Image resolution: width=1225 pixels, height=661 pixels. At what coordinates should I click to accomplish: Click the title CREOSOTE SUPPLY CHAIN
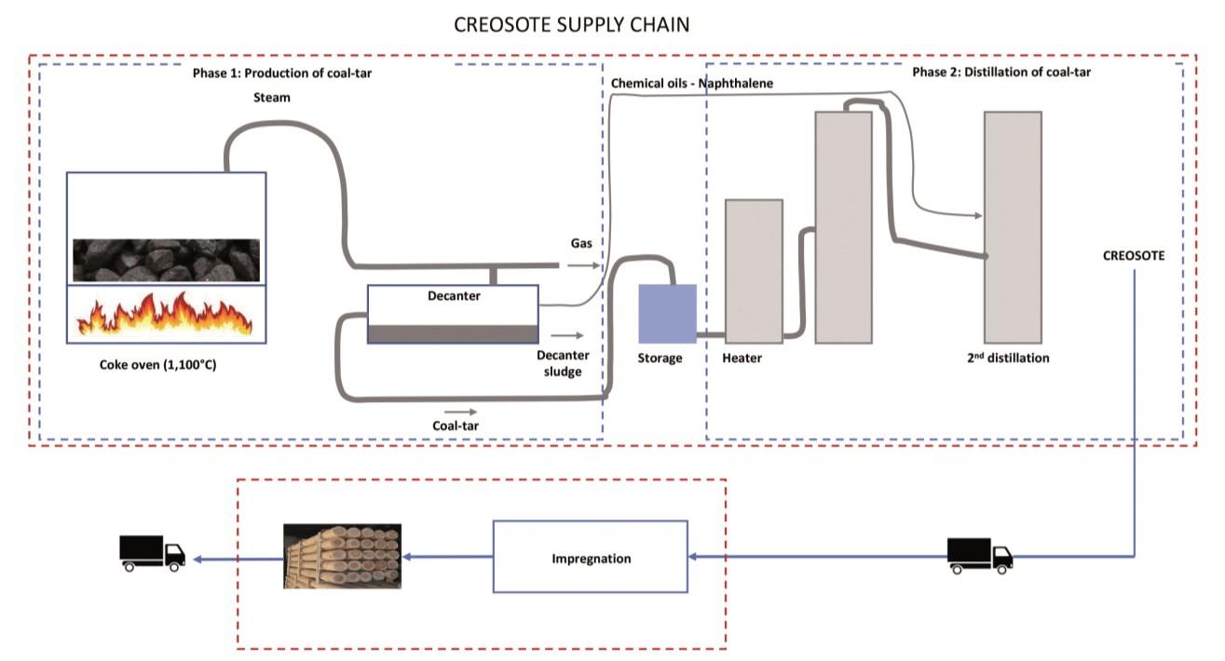pyautogui.click(x=571, y=25)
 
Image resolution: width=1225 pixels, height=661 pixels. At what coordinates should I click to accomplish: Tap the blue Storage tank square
pyautogui.click(x=666, y=313)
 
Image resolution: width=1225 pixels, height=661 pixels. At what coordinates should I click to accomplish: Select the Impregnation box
pyautogui.click(x=590, y=558)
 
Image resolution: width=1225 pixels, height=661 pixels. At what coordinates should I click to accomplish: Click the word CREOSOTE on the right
pyautogui.click(x=1134, y=254)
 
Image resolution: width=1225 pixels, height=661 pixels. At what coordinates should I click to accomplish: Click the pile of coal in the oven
pyautogui.click(x=164, y=259)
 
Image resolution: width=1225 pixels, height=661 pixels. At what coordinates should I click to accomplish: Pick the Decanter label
pyautogui.click(x=454, y=296)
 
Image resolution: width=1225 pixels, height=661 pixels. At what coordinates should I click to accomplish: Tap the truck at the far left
pyautogui.click(x=152, y=552)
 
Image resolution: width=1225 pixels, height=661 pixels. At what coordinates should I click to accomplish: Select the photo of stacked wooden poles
pyautogui.click(x=342, y=556)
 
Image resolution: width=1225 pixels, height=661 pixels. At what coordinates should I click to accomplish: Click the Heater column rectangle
pyautogui.click(x=754, y=271)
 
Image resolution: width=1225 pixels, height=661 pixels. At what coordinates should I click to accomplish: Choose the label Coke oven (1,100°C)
pyautogui.click(x=157, y=364)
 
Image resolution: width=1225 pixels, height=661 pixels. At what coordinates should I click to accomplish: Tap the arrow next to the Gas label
pyautogui.click(x=578, y=264)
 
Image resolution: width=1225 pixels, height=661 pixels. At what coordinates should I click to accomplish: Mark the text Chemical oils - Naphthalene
pyautogui.click(x=692, y=84)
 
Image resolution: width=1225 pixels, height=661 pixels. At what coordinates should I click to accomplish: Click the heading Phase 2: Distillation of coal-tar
pyautogui.click(x=1000, y=72)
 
